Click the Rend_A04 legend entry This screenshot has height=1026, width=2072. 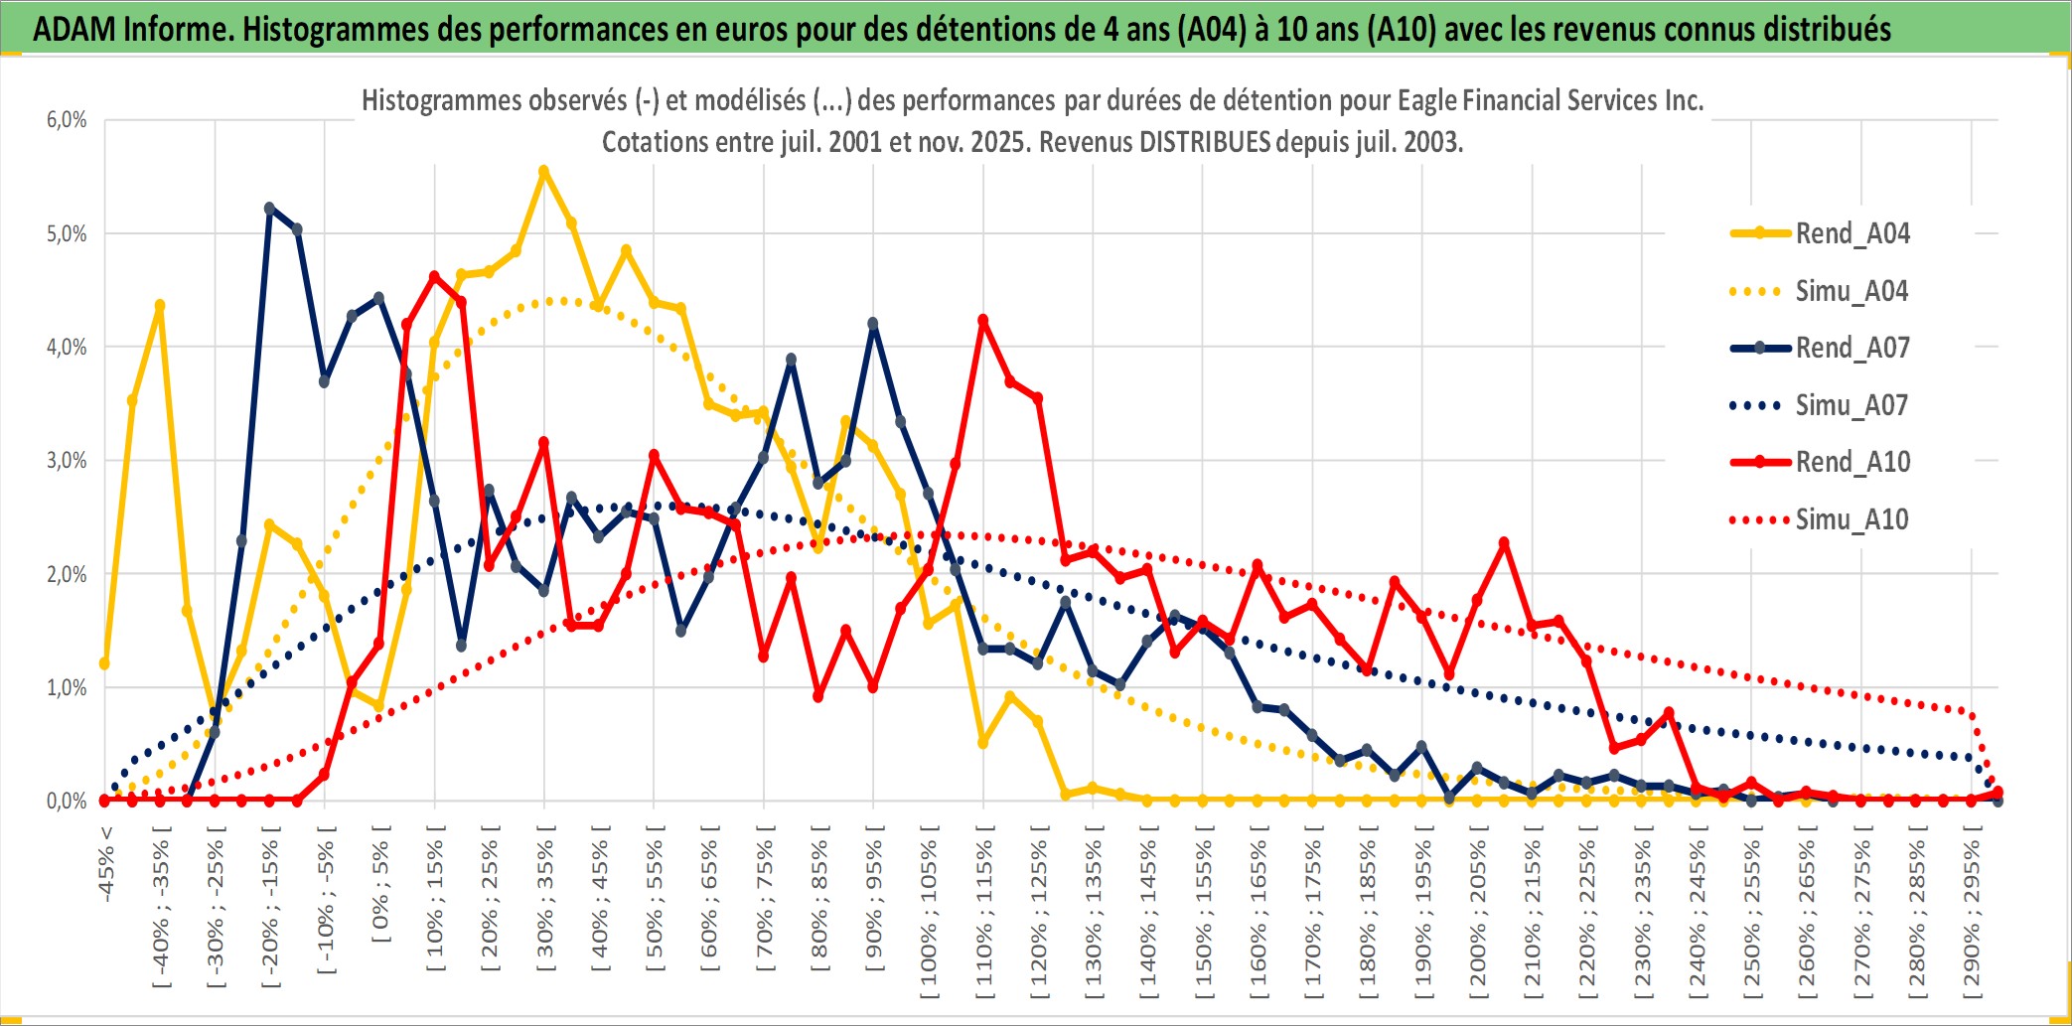click(x=1851, y=233)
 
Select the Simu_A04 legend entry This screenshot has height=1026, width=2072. click(x=1851, y=291)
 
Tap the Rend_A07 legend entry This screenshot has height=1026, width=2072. click(x=1851, y=348)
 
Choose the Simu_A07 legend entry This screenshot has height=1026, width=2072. click(x=1851, y=405)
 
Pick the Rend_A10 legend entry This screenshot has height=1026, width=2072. click(x=1851, y=462)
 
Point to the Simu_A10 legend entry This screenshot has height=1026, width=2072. click(x=1851, y=519)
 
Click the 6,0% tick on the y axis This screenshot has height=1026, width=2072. click(x=67, y=120)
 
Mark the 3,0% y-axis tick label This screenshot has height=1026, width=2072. click(x=67, y=461)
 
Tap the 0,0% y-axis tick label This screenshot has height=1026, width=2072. click(x=67, y=801)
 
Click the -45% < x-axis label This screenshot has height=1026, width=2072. click(x=106, y=864)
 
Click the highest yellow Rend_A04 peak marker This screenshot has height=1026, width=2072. click(x=543, y=172)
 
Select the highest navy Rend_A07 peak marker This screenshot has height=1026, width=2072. click(x=270, y=209)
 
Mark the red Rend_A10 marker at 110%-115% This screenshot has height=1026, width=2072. click(x=983, y=321)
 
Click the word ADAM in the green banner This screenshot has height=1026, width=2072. click(x=74, y=29)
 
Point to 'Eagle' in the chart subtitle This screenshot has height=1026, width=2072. click(x=1427, y=100)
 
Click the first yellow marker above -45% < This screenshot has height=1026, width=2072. click(x=104, y=663)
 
